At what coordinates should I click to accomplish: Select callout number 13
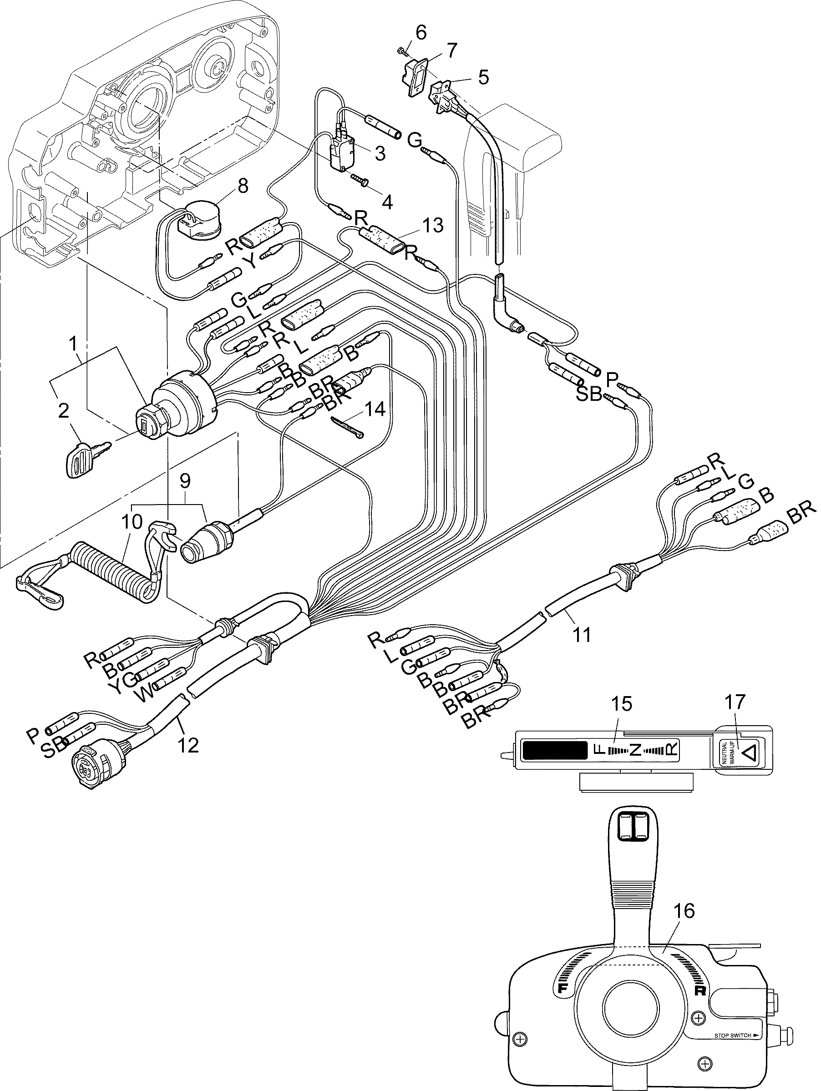[433, 225]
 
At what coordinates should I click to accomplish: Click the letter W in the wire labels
[147, 697]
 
